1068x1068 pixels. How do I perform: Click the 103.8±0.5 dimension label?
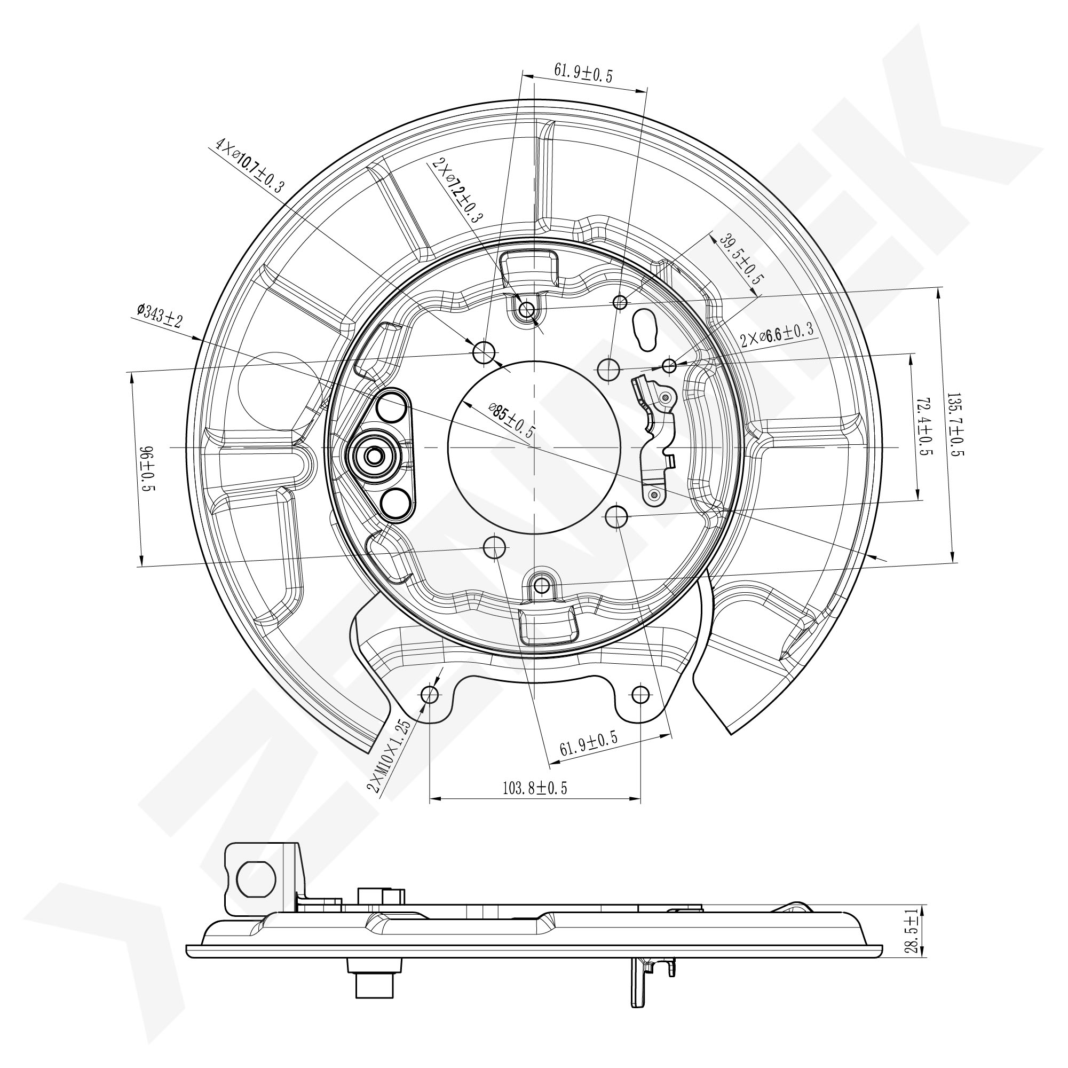click(x=535, y=788)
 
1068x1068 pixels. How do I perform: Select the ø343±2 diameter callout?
click(x=160, y=315)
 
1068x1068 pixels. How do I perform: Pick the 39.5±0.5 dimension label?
click(x=741, y=259)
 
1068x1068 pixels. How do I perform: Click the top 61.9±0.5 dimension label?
click(x=583, y=73)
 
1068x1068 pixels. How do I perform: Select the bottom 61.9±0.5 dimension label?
click(x=589, y=743)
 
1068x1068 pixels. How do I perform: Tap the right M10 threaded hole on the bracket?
click(x=640, y=694)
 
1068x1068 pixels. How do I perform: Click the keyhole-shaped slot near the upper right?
click(x=644, y=329)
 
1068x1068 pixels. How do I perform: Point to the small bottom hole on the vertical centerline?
click(x=542, y=585)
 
